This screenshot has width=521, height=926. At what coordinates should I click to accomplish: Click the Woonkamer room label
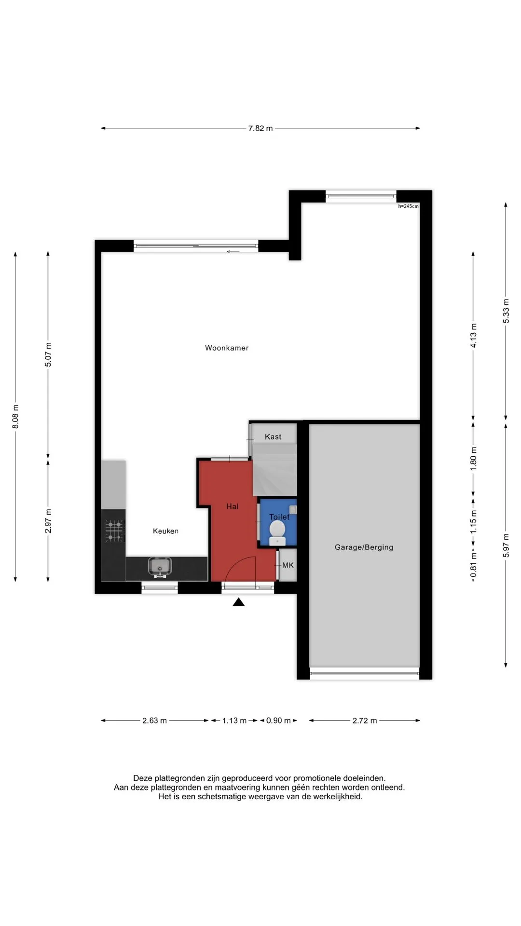227,348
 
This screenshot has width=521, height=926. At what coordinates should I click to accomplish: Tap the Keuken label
165,531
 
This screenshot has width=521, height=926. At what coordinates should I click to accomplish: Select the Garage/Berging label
364,547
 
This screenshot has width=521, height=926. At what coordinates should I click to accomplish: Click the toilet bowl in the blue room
277,531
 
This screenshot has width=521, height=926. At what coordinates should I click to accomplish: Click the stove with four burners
114,531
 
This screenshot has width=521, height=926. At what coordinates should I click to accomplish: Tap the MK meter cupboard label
288,565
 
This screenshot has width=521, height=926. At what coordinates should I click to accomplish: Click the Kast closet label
273,437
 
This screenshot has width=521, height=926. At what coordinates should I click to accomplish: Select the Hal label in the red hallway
233,506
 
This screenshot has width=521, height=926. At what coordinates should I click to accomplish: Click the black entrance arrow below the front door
238,602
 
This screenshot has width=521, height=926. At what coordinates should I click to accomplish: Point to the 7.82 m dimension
260,128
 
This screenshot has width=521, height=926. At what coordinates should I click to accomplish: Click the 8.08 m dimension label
15,417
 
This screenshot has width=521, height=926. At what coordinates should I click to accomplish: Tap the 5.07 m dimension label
48,354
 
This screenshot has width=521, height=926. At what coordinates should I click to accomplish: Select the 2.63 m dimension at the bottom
154,721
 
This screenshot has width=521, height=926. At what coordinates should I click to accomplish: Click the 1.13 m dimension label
234,721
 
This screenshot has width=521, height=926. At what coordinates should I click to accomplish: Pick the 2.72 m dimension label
365,721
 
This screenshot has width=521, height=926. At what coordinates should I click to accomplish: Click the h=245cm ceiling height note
409,206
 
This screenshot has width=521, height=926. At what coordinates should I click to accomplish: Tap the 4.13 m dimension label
473,336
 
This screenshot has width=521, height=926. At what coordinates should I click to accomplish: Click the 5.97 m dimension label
506,545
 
